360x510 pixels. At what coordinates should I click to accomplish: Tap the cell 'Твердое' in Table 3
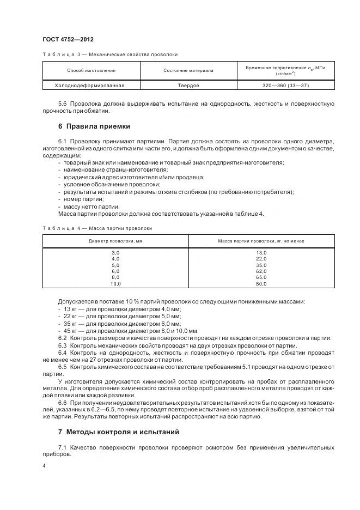coord(188,86)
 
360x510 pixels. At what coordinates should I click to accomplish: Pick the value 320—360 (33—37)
coord(285,86)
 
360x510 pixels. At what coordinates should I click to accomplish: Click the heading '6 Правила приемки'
coord(94,126)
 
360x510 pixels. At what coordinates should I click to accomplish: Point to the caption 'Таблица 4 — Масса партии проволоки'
coord(97,228)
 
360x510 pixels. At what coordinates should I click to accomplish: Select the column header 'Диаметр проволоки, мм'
coord(115,241)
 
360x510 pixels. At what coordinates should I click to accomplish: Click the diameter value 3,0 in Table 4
coord(115,253)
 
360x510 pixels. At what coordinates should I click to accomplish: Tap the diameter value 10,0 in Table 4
coord(115,283)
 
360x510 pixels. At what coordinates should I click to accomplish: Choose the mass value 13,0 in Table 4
coord(261,253)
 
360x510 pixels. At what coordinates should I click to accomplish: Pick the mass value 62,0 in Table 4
coord(261,271)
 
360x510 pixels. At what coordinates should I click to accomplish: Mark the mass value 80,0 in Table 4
coord(261,283)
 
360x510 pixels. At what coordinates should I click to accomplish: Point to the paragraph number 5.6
coord(63,104)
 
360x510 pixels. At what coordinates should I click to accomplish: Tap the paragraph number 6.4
coord(63,353)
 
